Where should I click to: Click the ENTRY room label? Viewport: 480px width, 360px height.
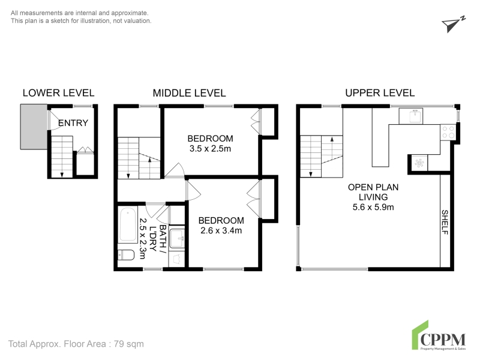(73, 123)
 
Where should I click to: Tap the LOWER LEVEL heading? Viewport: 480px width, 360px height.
(58, 93)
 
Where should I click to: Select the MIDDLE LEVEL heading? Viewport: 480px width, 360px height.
(189, 93)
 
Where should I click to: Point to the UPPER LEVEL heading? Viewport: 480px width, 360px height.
(380, 93)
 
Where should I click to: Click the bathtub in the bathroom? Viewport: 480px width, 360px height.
(128, 224)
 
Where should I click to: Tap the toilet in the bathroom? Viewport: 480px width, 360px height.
(126, 255)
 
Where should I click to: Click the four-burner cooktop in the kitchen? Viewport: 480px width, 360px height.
(448, 132)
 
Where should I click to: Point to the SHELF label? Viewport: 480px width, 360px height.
(445, 222)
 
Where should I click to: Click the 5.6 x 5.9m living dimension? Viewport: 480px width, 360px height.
(373, 207)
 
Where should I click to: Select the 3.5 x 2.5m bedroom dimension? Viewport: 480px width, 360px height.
(211, 149)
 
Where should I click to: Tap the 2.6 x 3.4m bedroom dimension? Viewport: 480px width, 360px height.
(221, 230)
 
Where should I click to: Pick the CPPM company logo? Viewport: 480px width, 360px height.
(439, 335)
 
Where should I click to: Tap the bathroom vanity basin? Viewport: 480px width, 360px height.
(176, 238)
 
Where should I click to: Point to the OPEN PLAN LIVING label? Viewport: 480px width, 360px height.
(373, 192)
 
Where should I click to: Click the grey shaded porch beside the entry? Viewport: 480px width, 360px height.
(34, 127)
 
